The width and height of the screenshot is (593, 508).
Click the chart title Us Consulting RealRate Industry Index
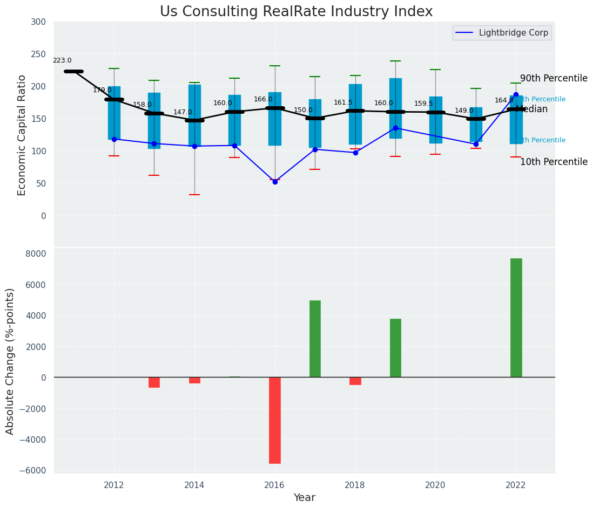[296, 12]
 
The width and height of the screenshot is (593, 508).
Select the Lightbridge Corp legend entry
[502, 33]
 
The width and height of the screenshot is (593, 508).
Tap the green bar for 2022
[516, 318]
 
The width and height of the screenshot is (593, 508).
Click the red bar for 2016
[275, 420]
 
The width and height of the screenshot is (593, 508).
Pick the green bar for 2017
[315, 339]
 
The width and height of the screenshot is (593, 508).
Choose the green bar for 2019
[395, 348]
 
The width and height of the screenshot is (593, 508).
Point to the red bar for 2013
[154, 382]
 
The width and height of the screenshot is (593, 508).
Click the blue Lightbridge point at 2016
[275, 182]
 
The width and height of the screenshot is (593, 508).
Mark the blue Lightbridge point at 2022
[516, 95]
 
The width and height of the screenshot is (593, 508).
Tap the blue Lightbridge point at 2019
[395, 128]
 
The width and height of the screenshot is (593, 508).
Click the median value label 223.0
[62, 61]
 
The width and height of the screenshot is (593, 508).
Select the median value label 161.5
[343, 103]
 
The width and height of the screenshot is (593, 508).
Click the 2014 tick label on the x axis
[194, 485]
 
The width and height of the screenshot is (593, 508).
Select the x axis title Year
[305, 498]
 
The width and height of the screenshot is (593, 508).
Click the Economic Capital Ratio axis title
[22, 135]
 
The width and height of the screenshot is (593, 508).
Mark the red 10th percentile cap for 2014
[194, 195]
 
